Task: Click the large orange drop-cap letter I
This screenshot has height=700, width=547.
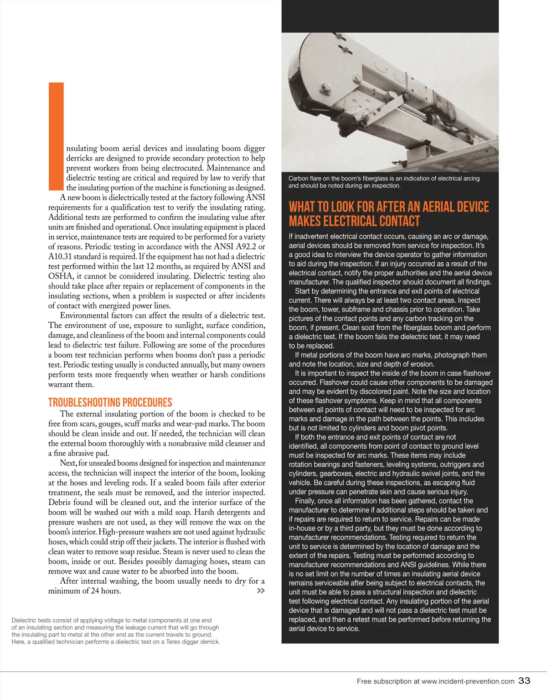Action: click(56, 136)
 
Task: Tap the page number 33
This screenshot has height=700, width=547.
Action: click(524, 680)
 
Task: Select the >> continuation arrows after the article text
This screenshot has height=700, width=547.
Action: click(261, 591)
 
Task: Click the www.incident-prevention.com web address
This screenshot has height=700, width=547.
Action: click(468, 681)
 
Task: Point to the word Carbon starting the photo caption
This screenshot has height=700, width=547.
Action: click(299, 178)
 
